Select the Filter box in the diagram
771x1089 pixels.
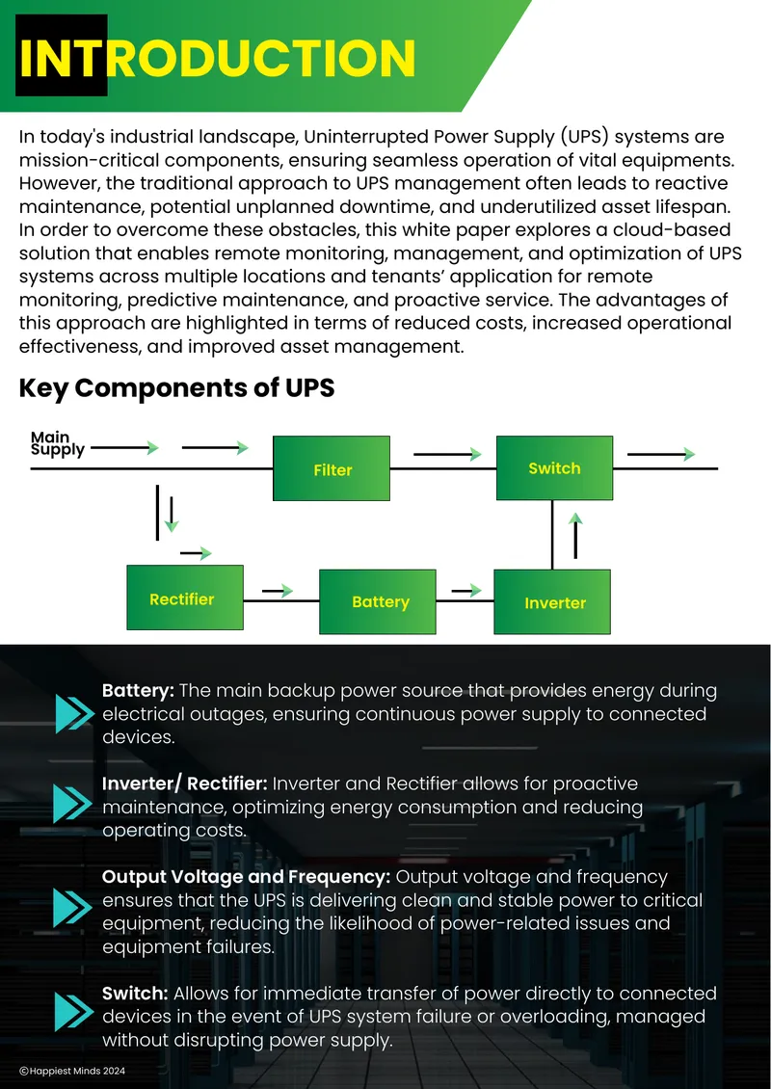click(332, 468)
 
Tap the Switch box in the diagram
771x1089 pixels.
click(554, 467)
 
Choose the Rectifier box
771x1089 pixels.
click(185, 598)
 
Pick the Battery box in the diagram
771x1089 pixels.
click(378, 601)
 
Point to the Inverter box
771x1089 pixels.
click(552, 601)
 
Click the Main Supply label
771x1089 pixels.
click(58, 443)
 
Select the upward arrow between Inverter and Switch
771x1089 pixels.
click(575, 536)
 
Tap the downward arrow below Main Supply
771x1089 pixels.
click(172, 515)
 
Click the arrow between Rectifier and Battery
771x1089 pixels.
click(278, 591)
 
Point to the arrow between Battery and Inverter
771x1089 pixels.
click(466, 591)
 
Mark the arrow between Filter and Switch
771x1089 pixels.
click(448, 454)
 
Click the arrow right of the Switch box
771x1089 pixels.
click(661, 454)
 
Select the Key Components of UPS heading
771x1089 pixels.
click(177, 388)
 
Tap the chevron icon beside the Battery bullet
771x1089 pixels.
click(74, 713)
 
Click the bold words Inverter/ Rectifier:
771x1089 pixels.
click(185, 784)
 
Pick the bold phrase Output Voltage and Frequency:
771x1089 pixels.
click(247, 877)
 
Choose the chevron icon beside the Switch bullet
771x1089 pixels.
click(74, 1011)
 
